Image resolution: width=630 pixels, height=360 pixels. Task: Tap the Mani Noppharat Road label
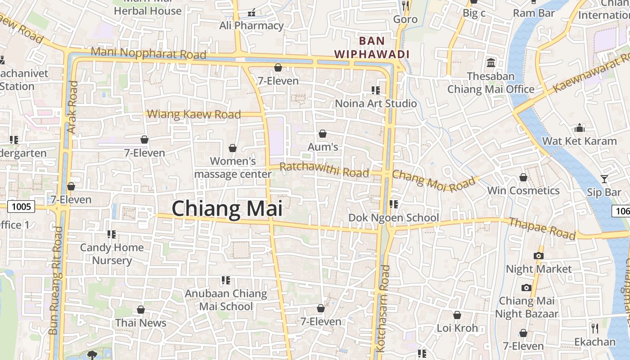(x=148, y=53)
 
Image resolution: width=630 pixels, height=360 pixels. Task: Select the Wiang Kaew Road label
(x=194, y=114)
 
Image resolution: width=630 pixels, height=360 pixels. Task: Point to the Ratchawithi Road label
(x=324, y=170)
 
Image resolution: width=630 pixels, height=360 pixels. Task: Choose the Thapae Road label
(x=542, y=228)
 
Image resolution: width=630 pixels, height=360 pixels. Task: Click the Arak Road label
(x=72, y=107)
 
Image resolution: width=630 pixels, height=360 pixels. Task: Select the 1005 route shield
(x=21, y=207)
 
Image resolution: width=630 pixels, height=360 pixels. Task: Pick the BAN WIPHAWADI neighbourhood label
(x=372, y=47)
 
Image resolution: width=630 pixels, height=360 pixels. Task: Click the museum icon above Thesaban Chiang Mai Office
(x=491, y=63)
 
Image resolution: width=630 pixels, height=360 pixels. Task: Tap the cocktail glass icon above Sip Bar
(x=604, y=179)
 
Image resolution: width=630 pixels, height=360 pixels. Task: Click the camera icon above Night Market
(x=538, y=256)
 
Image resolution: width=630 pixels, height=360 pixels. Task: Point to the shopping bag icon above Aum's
(x=322, y=134)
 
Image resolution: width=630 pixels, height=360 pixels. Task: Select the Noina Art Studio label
(x=376, y=103)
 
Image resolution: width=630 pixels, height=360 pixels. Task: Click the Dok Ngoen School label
(x=393, y=218)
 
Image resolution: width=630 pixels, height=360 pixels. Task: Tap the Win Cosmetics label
(x=523, y=190)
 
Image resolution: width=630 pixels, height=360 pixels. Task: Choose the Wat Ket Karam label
(x=579, y=141)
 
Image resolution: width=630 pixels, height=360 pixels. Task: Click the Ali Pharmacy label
(x=252, y=26)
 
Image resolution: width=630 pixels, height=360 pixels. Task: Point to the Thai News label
(x=140, y=323)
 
